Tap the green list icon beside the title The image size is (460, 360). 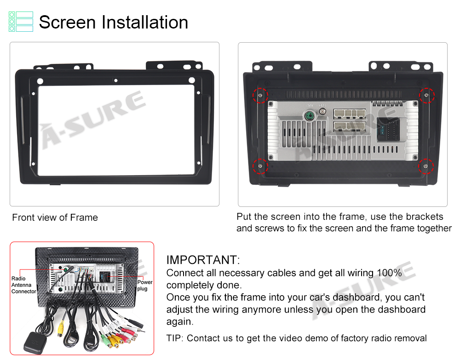pyautogui.click(x=21, y=22)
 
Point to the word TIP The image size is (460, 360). pyautogui.click(x=174, y=338)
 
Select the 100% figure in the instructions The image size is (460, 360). pyautogui.click(x=389, y=273)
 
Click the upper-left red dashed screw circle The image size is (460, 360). pyautogui.click(x=260, y=95)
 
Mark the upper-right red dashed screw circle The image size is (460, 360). pyautogui.click(x=426, y=95)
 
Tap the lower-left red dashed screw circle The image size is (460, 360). pyautogui.click(x=260, y=166)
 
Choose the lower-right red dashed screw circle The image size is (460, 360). pyautogui.click(x=425, y=166)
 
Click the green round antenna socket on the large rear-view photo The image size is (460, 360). pyautogui.click(x=309, y=116)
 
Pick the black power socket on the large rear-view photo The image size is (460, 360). pyautogui.click(x=388, y=129)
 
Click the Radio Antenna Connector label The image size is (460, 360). pyautogui.click(x=23, y=285)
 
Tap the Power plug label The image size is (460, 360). pyautogui.click(x=145, y=285)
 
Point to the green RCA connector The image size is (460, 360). pyautogui.click(x=105, y=340)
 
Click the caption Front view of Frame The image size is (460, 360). pyautogui.click(x=55, y=217)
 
